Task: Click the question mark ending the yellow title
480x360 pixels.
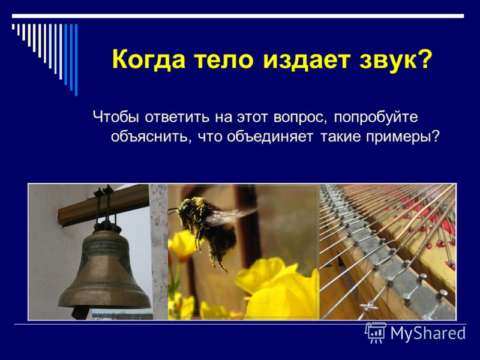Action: (424, 59)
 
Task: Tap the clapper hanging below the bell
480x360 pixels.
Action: (81, 312)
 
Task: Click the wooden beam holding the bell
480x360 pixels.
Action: (103, 205)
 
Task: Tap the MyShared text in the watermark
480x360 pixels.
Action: (428, 333)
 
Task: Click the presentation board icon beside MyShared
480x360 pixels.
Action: (376, 332)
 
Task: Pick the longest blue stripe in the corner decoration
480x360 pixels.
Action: (76, 59)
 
